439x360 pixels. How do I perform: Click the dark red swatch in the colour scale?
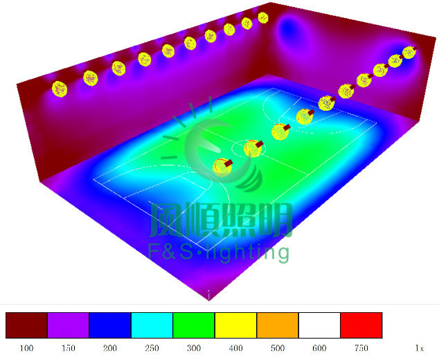click(26, 325)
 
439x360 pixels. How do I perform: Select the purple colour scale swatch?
click(69, 325)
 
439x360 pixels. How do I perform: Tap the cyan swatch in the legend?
click(152, 325)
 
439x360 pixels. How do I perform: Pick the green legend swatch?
click(194, 325)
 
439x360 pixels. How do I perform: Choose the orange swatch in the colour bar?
click(278, 325)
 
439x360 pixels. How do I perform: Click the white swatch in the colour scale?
click(319, 325)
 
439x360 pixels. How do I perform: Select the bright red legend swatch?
click(361, 325)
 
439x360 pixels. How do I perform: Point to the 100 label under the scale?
click(26, 348)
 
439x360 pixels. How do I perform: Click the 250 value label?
click(152, 348)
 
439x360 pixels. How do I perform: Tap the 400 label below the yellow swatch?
click(235, 348)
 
